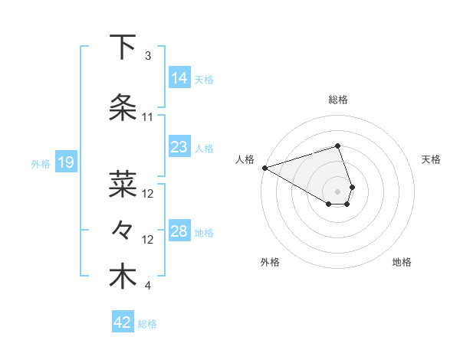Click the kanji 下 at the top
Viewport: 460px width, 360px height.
pos(123,47)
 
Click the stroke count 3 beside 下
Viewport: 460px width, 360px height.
pos(148,56)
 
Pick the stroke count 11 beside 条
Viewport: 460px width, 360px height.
pos(148,117)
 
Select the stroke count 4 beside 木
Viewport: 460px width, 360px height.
pos(148,286)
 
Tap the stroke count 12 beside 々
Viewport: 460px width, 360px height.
pos(148,240)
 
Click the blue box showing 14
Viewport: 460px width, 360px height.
pos(179,78)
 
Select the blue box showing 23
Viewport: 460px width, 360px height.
pos(179,147)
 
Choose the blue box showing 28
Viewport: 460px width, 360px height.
pos(179,231)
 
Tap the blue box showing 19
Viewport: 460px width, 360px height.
pos(65,162)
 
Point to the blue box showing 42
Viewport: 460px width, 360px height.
pos(123,322)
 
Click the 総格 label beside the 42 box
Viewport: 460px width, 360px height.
pos(147,324)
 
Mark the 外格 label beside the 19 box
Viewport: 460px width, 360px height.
pos(41,163)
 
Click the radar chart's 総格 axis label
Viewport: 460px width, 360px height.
pos(338,100)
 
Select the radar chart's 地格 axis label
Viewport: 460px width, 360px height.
pos(402,262)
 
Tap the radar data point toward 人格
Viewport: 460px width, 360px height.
pos(264,168)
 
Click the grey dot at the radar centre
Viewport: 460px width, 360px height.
pos(338,191)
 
